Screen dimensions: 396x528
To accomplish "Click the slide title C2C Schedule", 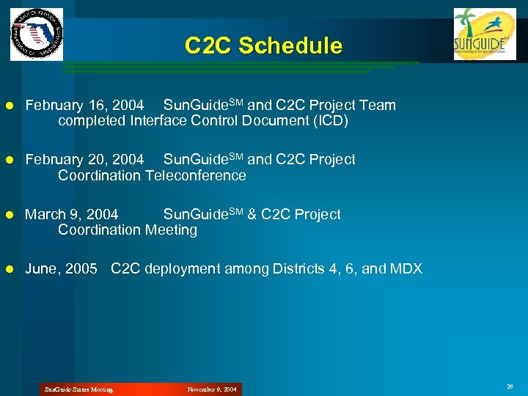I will pos(263,46).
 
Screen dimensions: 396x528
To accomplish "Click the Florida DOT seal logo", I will pos(37,34).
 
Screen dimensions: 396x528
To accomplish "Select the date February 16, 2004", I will pos(84,106).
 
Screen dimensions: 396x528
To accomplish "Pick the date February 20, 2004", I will pos(84,160).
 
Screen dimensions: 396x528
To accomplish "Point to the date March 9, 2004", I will pos(71,215).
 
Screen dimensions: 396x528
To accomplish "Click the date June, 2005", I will pos(61,269).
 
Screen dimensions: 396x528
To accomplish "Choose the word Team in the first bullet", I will pos(378,106).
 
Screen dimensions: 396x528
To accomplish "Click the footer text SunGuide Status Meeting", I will pos(78,389).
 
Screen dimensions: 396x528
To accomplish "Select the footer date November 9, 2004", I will pos(212,389).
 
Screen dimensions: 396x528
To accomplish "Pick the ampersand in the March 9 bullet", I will pos(252,215).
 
